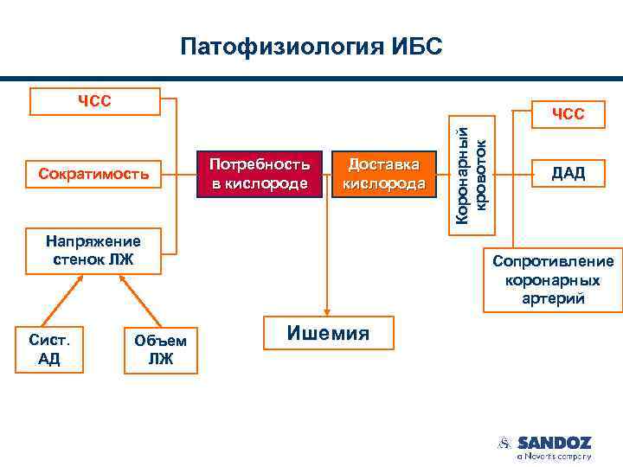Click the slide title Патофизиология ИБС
(311, 45)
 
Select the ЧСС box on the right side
(568, 113)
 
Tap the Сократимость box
(94, 174)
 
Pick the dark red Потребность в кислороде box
(260, 173)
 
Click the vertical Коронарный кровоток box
(476, 174)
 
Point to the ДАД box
(568, 173)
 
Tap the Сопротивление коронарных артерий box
(554, 279)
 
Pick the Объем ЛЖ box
(160, 349)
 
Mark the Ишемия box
(327, 334)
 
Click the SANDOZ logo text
(554, 443)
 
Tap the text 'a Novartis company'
(554, 456)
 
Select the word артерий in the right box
(554, 299)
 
